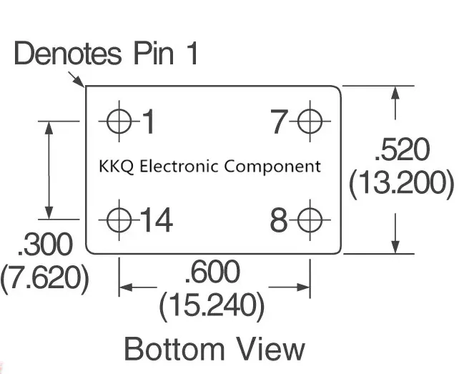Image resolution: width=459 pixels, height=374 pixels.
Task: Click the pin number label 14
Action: (x=157, y=220)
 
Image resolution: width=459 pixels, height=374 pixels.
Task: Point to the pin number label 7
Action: (x=279, y=122)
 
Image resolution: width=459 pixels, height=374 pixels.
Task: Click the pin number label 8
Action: (x=279, y=220)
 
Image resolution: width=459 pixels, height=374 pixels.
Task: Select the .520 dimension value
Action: (x=402, y=149)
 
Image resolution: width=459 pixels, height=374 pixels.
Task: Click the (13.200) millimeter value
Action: (x=402, y=182)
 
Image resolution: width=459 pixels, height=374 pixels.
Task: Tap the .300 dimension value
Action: (x=44, y=245)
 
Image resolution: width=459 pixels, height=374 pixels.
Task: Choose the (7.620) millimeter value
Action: (x=44, y=278)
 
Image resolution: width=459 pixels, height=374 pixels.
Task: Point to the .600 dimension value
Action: (x=213, y=272)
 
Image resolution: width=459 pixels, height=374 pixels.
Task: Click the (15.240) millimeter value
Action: (x=212, y=305)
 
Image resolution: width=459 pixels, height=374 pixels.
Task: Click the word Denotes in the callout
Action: (x=68, y=53)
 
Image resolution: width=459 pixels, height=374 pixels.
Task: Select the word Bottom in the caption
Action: (x=174, y=348)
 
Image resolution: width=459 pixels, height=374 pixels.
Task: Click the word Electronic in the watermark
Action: (x=179, y=167)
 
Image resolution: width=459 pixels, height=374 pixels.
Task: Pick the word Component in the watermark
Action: (x=273, y=167)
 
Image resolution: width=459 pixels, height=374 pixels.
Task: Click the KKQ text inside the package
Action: (x=117, y=167)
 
